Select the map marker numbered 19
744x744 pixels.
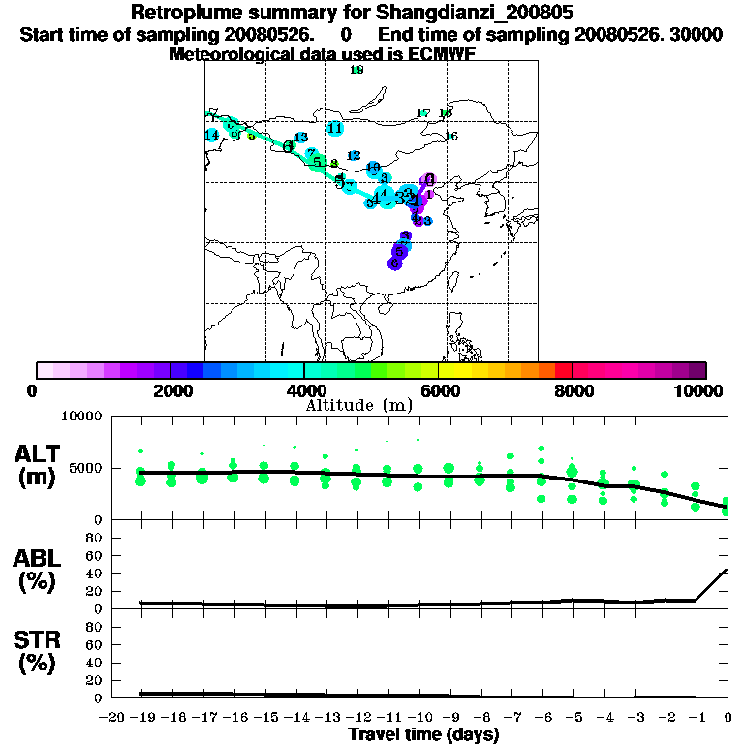[x=373, y=168]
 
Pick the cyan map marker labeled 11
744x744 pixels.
[x=335, y=128]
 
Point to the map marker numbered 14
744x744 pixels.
[x=211, y=135]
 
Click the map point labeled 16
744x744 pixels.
[x=450, y=137]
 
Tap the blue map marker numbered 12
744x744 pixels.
[x=354, y=156]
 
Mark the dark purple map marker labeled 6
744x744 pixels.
[x=394, y=263]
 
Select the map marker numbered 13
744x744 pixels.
[x=300, y=138]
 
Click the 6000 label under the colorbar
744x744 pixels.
[x=438, y=390]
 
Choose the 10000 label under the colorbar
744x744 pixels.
[x=704, y=390]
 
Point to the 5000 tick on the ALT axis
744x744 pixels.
[x=89, y=468]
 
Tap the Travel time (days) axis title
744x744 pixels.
[x=423, y=735]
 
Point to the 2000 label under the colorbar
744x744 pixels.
[x=170, y=390]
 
